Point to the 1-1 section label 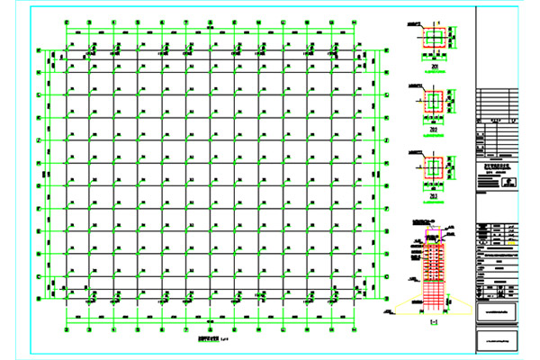click(435, 322)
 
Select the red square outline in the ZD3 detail click(436, 167)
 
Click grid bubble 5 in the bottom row click(163, 328)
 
